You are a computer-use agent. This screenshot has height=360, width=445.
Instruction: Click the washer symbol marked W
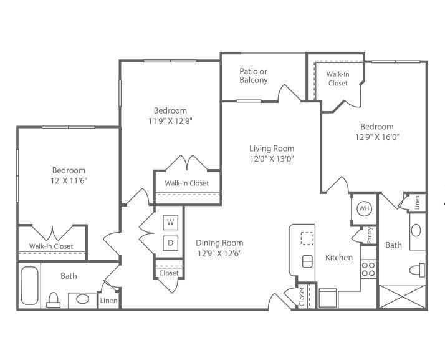click(x=171, y=221)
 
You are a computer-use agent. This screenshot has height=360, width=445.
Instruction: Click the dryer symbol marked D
click(x=171, y=241)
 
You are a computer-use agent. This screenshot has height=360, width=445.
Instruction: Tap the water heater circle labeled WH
click(x=365, y=208)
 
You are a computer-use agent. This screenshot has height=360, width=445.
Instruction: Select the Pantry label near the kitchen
click(x=370, y=235)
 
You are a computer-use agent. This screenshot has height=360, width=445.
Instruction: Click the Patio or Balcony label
click(x=254, y=75)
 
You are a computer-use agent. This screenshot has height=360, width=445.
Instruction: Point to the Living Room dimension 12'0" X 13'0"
click(x=272, y=158)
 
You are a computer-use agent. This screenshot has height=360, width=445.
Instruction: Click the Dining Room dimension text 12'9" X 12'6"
click(x=219, y=253)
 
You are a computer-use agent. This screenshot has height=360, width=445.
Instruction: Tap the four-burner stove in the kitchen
click(x=368, y=269)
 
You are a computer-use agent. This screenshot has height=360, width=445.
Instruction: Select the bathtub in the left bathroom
click(x=29, y=285)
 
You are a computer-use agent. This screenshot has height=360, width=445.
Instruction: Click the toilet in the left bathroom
click(x=54, y=300)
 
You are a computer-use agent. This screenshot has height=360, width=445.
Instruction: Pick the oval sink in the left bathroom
click(x=82, y=299)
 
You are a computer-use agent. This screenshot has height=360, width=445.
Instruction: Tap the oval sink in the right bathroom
click(x=416, y=230)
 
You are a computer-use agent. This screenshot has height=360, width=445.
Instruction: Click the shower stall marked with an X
click(x=402, y=296)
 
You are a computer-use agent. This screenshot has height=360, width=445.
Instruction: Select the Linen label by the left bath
click(x=108, y=301)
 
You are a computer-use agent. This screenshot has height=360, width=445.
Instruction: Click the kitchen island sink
click(x=307, y=261)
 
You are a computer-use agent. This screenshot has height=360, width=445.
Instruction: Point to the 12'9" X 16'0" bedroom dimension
click(x=376, y=137)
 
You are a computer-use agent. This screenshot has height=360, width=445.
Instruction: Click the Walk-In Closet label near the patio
click(x=337, y=79)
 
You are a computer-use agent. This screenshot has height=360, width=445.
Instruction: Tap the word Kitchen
click(x=339, y=257)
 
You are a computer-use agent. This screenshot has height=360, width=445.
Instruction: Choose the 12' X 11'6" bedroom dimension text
click(x=69, y=180)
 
